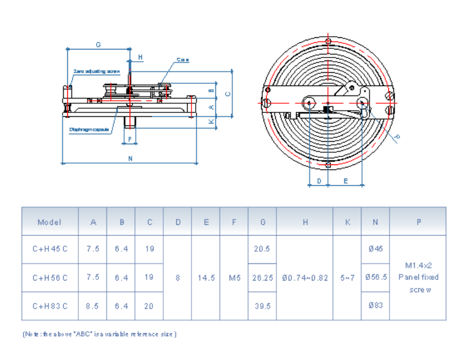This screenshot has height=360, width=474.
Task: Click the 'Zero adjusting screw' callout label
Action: (x=96, y=71)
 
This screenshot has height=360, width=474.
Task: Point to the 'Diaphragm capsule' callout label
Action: (x=89, y=129)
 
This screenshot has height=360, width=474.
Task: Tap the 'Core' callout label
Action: (x=182, y=60)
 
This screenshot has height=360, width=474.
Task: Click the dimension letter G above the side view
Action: (x=98, y=45)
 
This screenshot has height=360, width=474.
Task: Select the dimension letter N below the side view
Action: (x=130, y=159)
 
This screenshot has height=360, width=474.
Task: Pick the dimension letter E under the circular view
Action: (x=346, y=181)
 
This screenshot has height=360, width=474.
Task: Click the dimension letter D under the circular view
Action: (x=319, y=181)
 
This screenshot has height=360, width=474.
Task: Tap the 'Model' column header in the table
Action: (x=50, y=222)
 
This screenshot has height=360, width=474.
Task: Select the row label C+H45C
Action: (x=50, y=249)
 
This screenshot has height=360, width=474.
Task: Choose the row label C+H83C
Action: (x=50, y=306)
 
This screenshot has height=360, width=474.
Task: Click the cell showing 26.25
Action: (x=262, y=277)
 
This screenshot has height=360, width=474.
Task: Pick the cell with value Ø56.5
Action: (x=376, y=277)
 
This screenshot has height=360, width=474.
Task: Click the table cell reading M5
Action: (x=234, y=277)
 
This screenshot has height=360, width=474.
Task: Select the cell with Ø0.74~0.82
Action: (x=305, y=277)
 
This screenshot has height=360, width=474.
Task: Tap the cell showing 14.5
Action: (x=206, y=277)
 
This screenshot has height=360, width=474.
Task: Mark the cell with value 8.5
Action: (x=93, y=306)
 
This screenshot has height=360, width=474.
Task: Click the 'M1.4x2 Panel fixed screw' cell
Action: (x=418, y=277)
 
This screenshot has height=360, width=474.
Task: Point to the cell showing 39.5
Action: (x=262, y=306)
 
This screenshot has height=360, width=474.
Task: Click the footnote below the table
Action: (x=100, y=334)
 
